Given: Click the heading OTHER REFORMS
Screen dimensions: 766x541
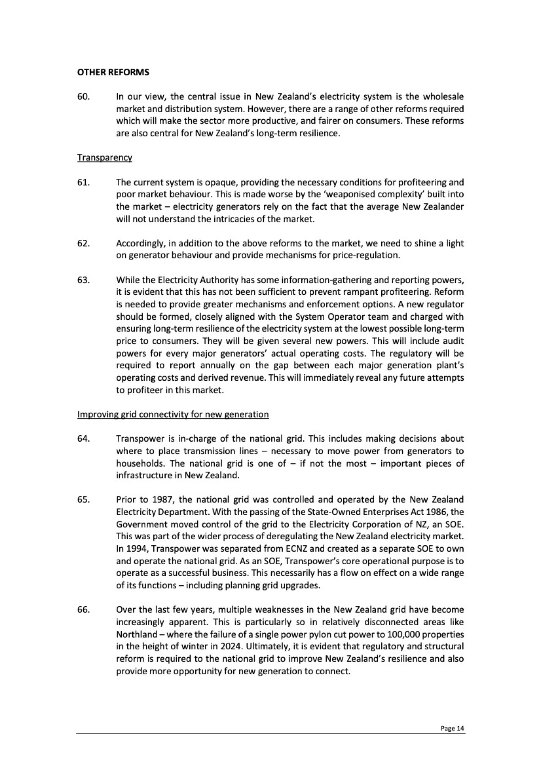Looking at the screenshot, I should [x=113, y=72].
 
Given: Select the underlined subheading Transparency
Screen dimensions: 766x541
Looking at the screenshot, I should [x=104, y=158].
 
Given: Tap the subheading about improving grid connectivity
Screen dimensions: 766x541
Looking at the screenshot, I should [x=173, y=414].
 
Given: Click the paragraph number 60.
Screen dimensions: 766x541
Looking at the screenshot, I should [x=83, y=96].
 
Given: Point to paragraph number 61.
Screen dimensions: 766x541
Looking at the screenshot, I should [x=83, y=182].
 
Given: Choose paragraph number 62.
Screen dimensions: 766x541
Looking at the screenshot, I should [x=83, y=243].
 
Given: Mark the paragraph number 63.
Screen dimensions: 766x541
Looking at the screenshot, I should [x=83, y=280].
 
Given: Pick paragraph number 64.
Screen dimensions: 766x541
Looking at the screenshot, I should [x=83, y=439].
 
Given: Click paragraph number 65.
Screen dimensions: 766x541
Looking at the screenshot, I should [x=83, y=500].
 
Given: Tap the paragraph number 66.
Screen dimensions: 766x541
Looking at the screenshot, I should [x=83, y=610].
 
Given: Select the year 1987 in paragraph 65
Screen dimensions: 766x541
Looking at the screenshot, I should [x=161, y=500].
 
